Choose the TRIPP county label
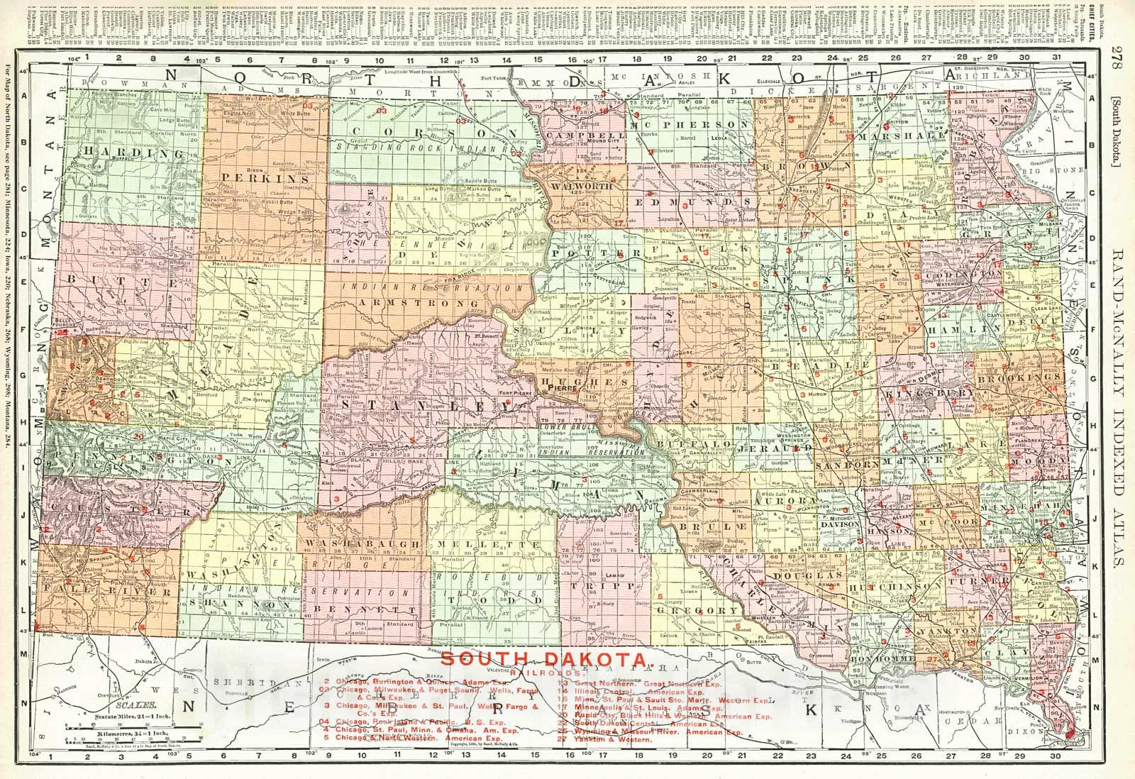coord(604,587)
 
